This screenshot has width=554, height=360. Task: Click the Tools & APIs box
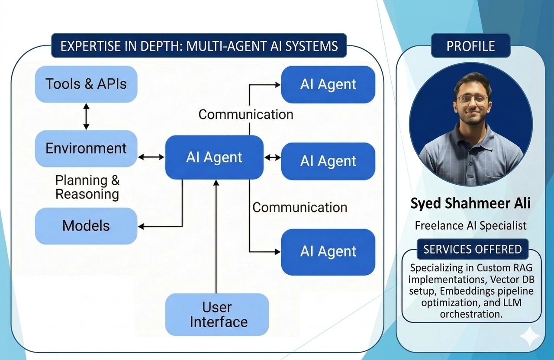tap(86, 84)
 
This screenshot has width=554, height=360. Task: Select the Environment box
tap(86, 148)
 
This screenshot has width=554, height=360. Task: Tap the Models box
tap(86, 225)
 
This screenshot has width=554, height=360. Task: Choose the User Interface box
tap(217, 315)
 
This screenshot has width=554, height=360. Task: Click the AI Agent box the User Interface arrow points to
tap(214, 157)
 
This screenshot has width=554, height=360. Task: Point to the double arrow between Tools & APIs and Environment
tap(86, 116)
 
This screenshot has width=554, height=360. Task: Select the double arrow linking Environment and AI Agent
tap(151, 157)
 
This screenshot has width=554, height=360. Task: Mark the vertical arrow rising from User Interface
tap(216, 238)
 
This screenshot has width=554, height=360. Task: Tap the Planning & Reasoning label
tap(87, 187)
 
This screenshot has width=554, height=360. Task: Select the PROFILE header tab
tap(470, 46)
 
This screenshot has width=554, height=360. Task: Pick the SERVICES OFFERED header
tap(472, 249)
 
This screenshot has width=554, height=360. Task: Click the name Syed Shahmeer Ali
tap(470, 203)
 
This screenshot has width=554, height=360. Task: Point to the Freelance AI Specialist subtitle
tap(470, 225)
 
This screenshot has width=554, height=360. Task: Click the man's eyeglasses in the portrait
tap(472, 99)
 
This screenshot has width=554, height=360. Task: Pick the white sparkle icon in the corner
tap(530, 337)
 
